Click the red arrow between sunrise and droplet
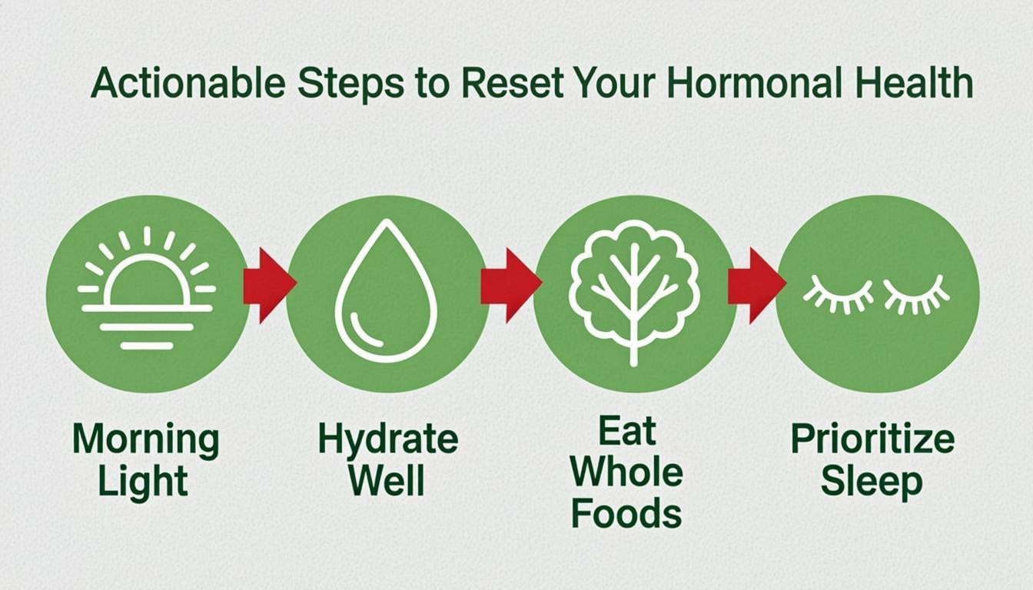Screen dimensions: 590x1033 click(268, 285)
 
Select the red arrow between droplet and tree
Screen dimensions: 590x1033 click(510, 285)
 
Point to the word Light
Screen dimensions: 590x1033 click(144, 482)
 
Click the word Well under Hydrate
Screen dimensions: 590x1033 click(386, 481)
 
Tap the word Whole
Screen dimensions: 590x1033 click(626, 472)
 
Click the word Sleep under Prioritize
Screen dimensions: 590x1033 click(872, 482)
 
